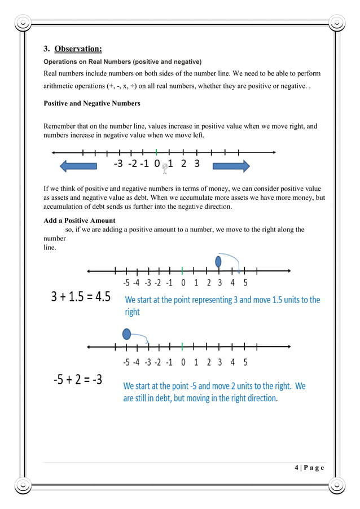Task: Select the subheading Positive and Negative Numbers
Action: tap(92, 103)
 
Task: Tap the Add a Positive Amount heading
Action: tap(80, 221)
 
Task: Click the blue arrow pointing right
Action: tap(231, 166)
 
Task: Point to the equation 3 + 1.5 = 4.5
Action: tap(81, 297)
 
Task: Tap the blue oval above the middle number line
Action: tap(218, 262)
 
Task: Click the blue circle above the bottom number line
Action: tap(128, 334)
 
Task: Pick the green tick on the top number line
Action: tap(156, 152)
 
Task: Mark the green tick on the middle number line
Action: tap(182, 270)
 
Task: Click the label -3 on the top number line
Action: tap(118, 164)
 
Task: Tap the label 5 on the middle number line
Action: tap(245, 283)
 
